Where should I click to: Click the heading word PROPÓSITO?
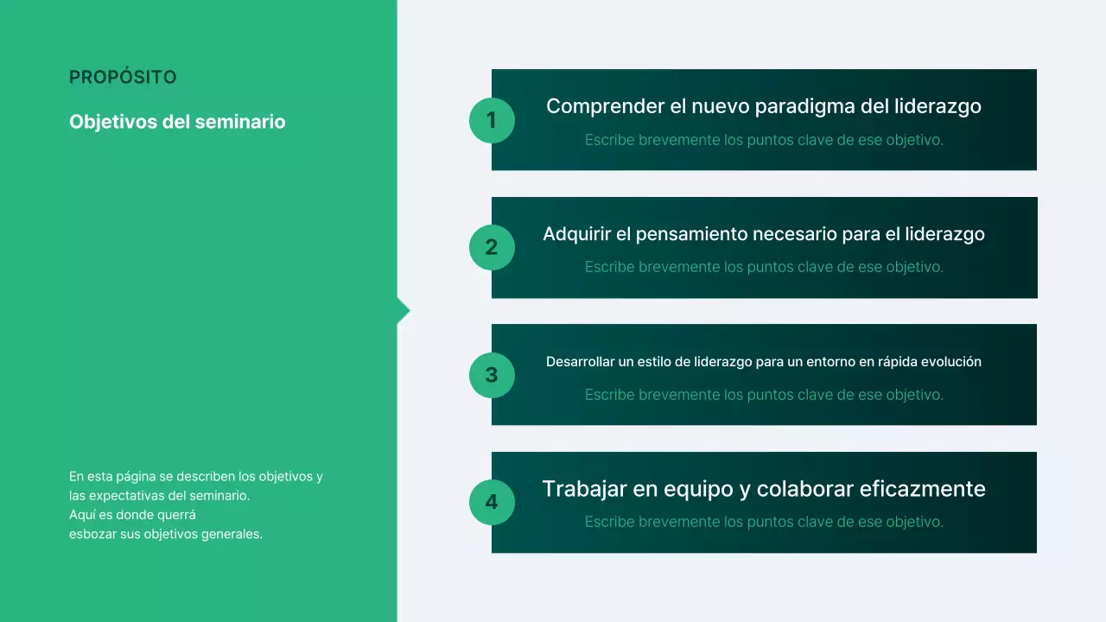coord(123,78)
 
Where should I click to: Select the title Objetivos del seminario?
coord(177,122)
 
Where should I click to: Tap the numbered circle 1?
coord(492,120)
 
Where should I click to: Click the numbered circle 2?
coord(492,248)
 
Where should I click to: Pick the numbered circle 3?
coord(492,375)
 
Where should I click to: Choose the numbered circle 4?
coord(492,503)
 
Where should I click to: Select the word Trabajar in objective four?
coord(585,489)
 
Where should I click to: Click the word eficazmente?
coord(922,489)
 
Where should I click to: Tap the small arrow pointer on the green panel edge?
coord(404,311)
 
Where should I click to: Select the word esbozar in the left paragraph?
coord(92,534)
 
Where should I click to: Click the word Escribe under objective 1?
coord(609,140)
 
